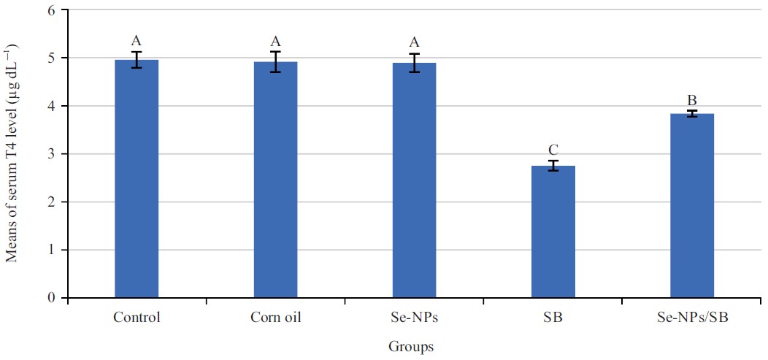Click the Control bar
[x=137, y=179]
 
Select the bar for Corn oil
[x=275, y=180]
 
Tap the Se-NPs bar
[x=414, y=180]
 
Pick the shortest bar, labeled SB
[x=553, y=232]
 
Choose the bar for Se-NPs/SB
[x=692, y=206]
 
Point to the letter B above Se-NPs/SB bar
[x=692, y=99]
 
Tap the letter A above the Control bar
[x=137, y=40]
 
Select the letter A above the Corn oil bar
[x=275, y=40]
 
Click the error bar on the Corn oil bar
[x=275, y=62]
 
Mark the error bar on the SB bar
[x=553, y=166]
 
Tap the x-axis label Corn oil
[x=275, y=318]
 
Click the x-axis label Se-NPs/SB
[x=691, y=318]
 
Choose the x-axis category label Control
[x=137, y=318]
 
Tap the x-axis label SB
[x=553, y=318]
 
